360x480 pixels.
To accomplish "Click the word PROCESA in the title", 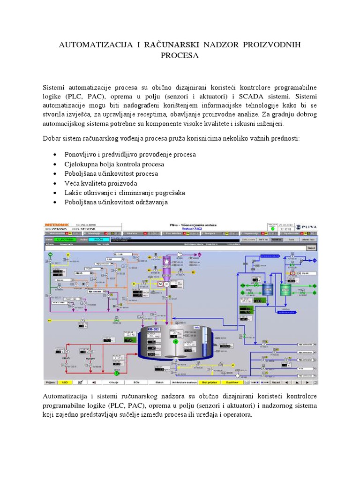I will [180, 55].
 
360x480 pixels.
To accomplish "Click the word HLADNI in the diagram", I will [91, 358].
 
